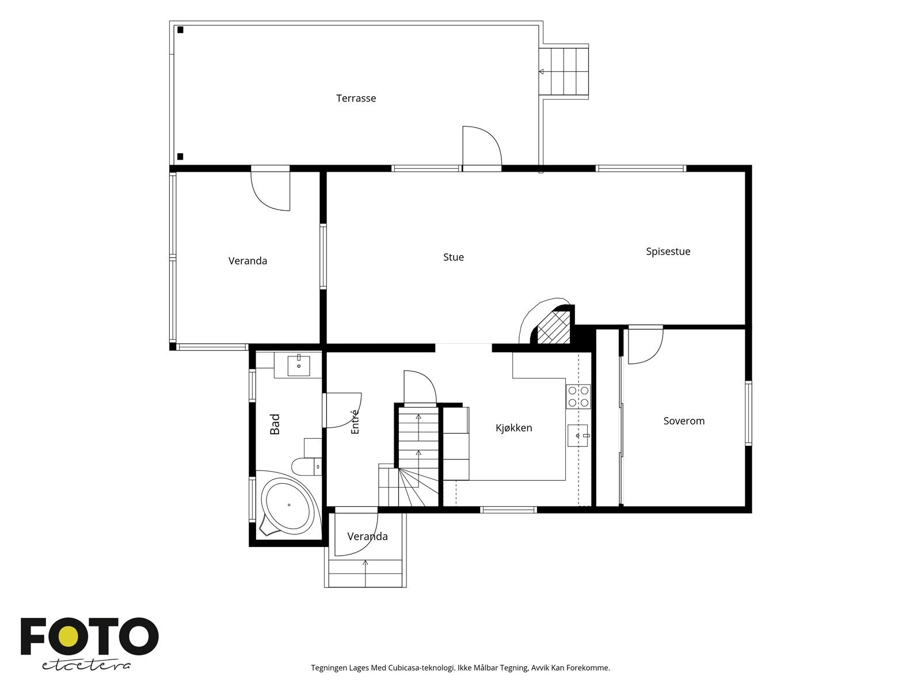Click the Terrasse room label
[x=356, y=98]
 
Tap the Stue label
[x=454, y=257]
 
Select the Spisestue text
[x=668, y=251]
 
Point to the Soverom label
[x=684, y=421]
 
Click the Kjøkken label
[x=513, y=428]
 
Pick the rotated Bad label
[x=275, y=424]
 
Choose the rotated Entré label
[x=355, y=422]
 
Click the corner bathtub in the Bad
[x=289, y=506]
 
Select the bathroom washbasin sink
[x=299, y=366]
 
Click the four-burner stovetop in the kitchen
[x=578, y=397]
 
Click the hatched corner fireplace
[x=553, y=327]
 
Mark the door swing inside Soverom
[x=645, y=345]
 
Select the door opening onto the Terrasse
[x=482, y=146]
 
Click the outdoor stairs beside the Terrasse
[x=564, y=72]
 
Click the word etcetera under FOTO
[x=86, y=666]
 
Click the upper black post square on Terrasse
[x=180, y=30]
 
